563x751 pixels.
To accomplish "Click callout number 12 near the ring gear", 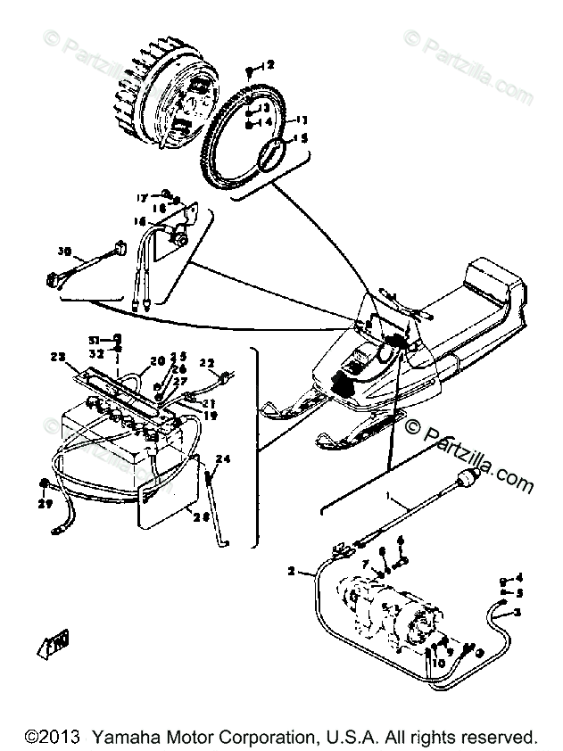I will coord(269,64).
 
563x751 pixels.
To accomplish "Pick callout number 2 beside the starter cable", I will coord(291,569).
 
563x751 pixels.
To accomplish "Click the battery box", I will coord(107,437).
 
